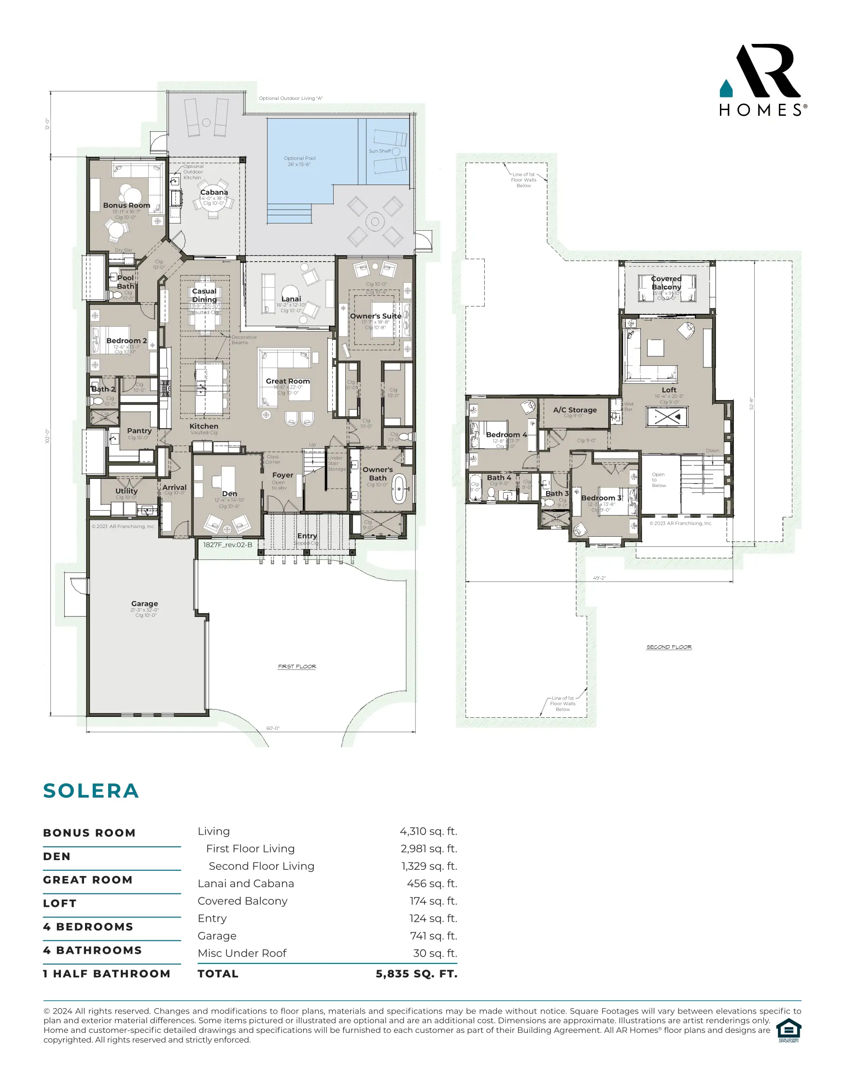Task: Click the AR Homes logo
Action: pos(762,81)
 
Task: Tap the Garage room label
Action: pos(145,604)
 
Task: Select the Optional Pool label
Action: pos(300,158)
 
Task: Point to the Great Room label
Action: pos(287,381)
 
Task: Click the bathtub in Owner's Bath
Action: pos(399,489)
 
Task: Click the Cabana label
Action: pos(214,192)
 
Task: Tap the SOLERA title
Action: pos(91,791)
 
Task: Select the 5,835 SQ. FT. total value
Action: pos(416,974)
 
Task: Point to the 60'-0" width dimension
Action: pos(273,728)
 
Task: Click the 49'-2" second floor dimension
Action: pos(599,578)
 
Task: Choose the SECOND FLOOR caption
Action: pos(669,647)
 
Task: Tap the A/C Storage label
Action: pos(575,410)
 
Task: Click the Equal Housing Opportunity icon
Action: pos(789,1030)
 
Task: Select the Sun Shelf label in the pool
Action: pos(380,151)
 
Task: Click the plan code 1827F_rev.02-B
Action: pos(228,544)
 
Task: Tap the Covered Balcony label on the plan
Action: pos(666,282)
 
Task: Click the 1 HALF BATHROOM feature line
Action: pos(106,974)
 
